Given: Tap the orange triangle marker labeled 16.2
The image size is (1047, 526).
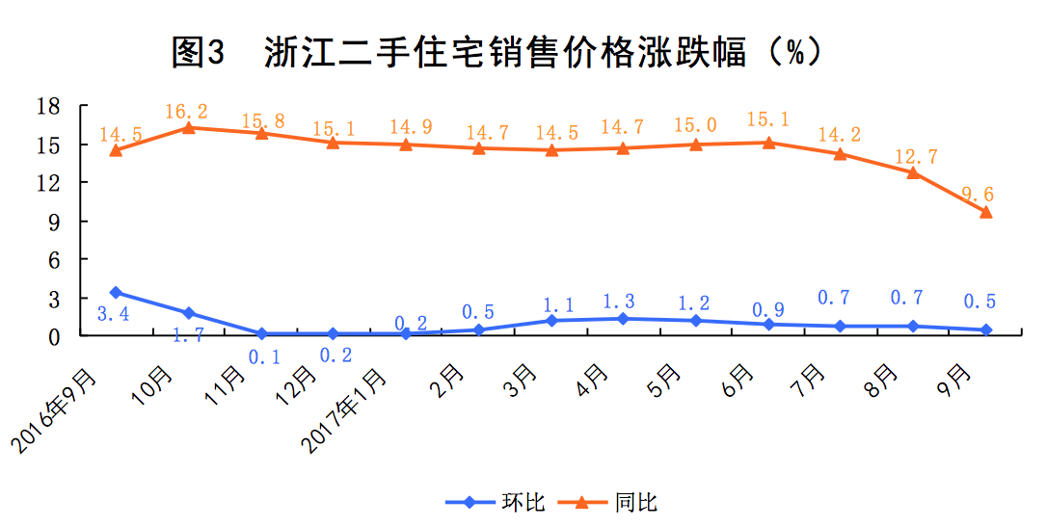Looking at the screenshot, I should point(188,127).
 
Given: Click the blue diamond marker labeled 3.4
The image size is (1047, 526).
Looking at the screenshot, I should point(116,292).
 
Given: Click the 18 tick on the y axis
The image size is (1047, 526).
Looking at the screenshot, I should point(48,105).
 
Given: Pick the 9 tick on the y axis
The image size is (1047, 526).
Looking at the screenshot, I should point(54,222).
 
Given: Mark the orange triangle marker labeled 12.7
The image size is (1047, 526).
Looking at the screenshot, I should point(913,172).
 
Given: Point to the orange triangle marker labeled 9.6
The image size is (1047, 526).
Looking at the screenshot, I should point(985,212).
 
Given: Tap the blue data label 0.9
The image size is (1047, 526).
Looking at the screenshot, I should point(767,310).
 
